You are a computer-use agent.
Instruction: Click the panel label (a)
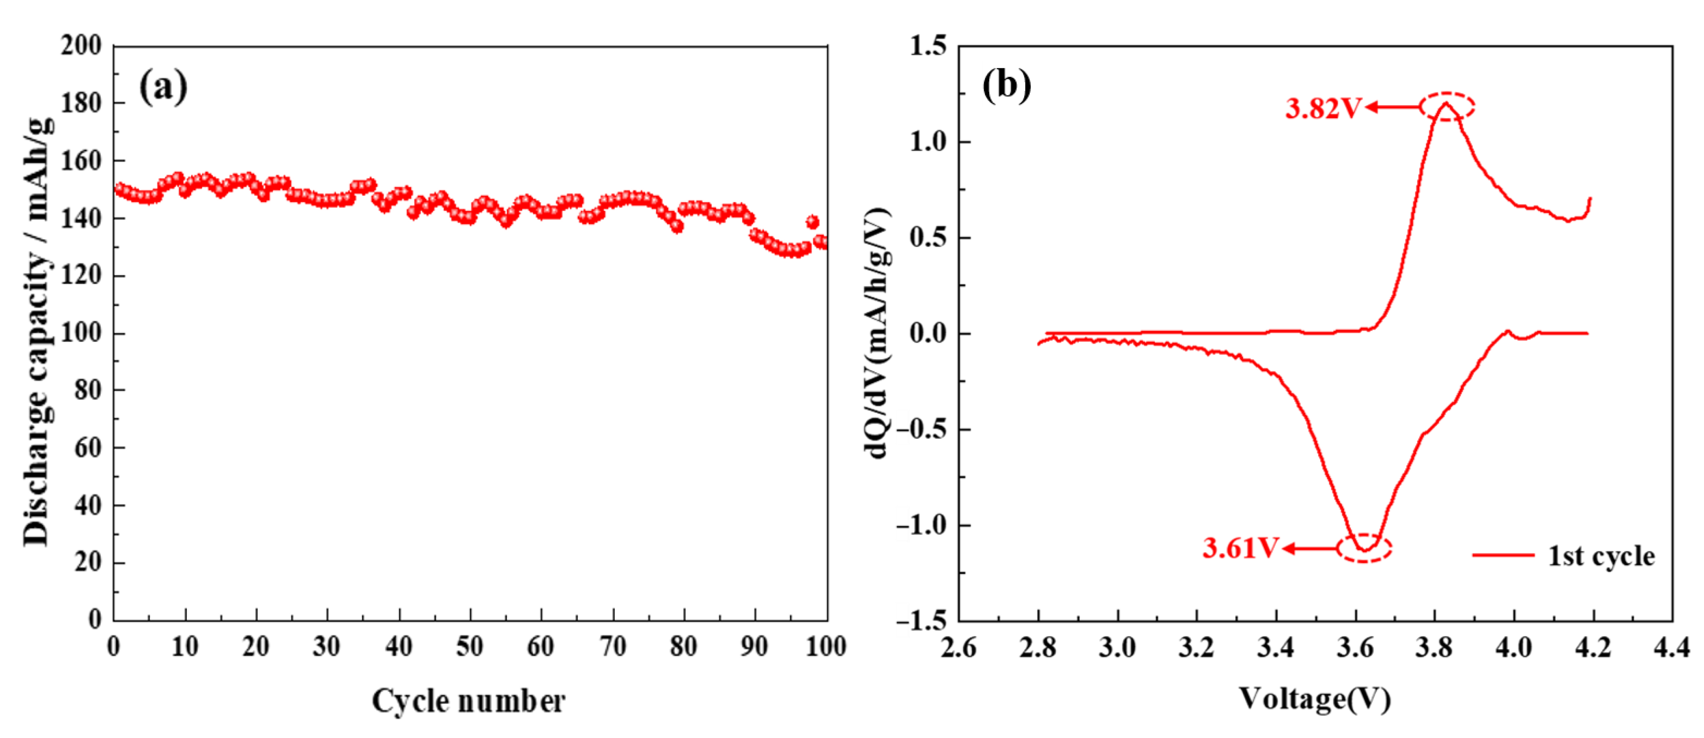[x=163, y=87]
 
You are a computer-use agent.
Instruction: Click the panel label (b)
[x=1006, y=85]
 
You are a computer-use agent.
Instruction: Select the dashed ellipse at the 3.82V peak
[x=1447, y=107]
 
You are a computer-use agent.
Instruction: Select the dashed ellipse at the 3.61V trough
[x=1364, y=548]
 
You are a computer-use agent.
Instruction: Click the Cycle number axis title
[x=468, y=700]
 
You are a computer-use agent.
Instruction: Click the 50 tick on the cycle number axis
[x=470, y=646]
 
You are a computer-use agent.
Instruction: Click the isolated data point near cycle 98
[x=812, y=222]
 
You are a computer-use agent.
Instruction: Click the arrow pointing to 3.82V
[x=1392, y=107]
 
